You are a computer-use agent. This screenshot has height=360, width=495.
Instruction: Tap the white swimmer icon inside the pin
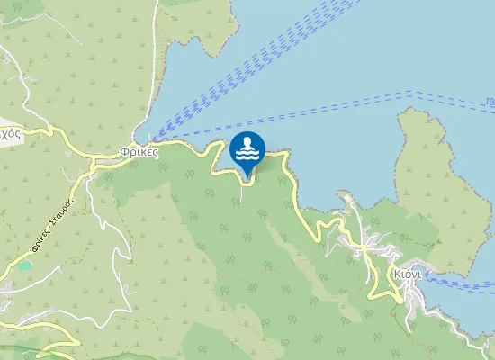[x=247, y=149]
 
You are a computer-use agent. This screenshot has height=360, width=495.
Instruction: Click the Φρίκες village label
[x=139, y=153]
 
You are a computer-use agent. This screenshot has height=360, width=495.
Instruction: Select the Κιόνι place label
[x=408, y=274]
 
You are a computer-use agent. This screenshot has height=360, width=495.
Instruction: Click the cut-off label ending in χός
[x=10, y=132]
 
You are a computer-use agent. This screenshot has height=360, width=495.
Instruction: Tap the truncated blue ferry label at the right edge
[x=490, y=102]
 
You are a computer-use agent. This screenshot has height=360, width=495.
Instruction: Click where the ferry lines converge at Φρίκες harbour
[x=153, y=139]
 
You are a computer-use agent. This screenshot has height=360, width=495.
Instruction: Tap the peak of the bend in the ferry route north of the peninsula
[x=411, y=93]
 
